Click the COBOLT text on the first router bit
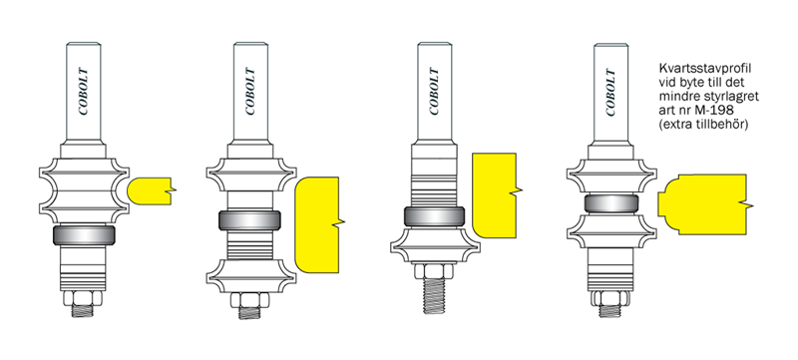click(84, 92)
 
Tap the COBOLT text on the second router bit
click(251, 92)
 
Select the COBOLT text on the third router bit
click(435, 92)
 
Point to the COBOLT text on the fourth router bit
click(611, 92)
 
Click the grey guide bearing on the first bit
click(84, 235)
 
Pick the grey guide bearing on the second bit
click(250, 220)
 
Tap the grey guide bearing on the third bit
click(434, 216)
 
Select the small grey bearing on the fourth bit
click(611, 203)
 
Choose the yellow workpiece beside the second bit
click(316, 224)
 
